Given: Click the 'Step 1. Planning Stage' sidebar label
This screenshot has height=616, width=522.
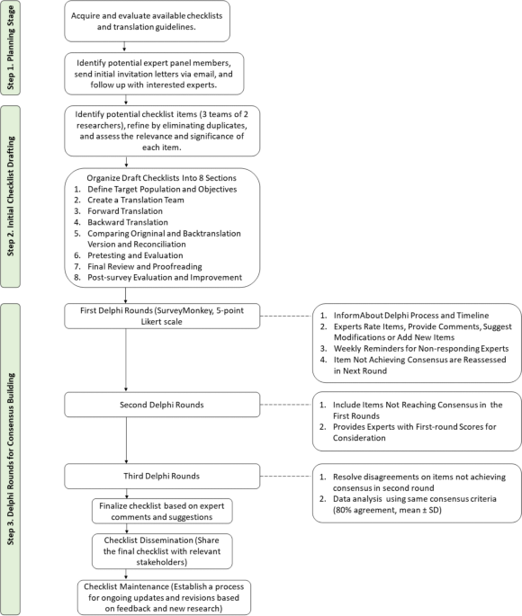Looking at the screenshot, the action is click(x=11, y=48).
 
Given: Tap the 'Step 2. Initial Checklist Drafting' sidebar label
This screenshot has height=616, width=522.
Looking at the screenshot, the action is click(x=11, y=196).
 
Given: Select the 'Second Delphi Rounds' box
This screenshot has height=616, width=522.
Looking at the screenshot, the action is click(x=162, y=405).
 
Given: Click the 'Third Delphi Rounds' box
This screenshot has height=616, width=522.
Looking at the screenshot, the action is click(x=162, y=476).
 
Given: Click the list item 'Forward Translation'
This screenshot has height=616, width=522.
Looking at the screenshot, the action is click(x=125, y=211).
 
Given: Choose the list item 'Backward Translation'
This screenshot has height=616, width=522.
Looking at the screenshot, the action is click(x=128, y=222).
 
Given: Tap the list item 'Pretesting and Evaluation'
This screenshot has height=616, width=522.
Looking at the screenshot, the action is click(x=135, y=255).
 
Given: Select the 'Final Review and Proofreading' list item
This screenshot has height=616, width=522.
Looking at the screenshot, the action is click(x=145, y=266).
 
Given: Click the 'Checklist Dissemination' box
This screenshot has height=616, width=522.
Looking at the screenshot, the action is click(x=162, y=550).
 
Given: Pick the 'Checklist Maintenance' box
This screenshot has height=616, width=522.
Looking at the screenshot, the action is click(x=164, y=597).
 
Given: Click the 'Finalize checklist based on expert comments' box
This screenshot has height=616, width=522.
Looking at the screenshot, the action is click(x=162, y=511).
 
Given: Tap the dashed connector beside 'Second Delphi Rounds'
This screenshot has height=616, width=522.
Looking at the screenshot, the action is click(x=286, y=405).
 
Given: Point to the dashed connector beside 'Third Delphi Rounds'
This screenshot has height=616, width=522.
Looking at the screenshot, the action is click(x=286, y=476).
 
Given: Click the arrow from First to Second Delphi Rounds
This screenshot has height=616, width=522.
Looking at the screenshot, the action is click(x=126, y=360).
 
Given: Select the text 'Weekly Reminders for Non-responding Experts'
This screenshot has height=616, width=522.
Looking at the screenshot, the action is click(x=421, y=348).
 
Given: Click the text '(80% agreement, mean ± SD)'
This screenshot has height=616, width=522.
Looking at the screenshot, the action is click(x=387, y=510).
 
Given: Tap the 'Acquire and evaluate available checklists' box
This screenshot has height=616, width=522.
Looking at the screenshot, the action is click(x=147, y=22).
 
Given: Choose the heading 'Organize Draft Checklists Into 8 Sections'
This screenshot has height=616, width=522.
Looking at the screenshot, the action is click(x=162, y=178).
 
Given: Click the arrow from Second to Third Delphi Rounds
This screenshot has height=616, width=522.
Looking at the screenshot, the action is click(x=126, y=440).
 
